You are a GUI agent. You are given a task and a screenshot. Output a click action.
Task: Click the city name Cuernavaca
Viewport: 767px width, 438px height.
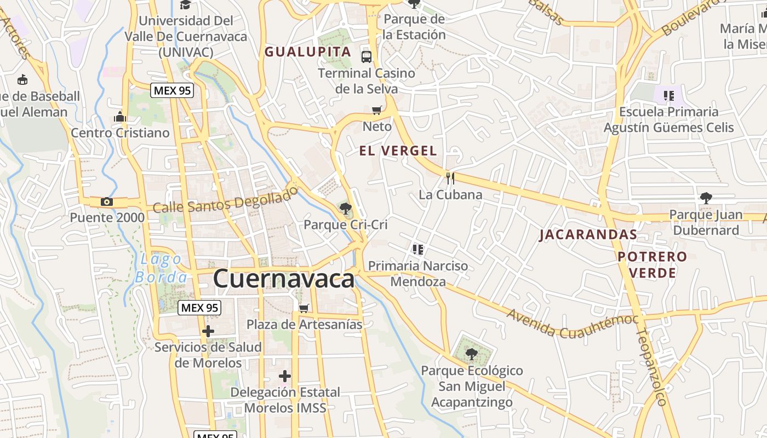click(x=283, y=279)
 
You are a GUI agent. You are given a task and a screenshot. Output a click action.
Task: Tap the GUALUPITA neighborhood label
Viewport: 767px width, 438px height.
click(x=307, y=52)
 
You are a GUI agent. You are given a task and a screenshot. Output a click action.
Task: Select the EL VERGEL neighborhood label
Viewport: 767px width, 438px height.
click(x=398, y=151)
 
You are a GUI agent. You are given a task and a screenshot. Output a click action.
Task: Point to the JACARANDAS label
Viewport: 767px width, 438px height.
click(x=588, y=235)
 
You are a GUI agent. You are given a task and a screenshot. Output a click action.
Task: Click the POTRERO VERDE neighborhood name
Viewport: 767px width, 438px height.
click(x=652, y=264)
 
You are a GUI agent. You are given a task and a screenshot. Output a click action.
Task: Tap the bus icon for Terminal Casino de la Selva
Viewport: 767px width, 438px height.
click(x=367, y=56)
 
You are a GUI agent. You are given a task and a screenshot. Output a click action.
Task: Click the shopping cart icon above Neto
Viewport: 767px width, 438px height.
click(x=376, y=111)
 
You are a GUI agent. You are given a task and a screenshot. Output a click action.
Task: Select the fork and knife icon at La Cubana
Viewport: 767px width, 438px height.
click(x=450, y=178)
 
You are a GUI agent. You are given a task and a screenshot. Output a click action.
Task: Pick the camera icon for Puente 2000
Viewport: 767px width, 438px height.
click(x=107, y=202)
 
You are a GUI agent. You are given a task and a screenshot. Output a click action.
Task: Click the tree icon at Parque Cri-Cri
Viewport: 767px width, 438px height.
click(x=345, y=208)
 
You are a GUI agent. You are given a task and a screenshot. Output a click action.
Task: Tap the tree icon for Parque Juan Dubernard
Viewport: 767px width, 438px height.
click(x=706, y=198)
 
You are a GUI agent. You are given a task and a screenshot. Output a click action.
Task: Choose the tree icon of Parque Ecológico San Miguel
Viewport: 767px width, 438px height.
click(x=471, y=354)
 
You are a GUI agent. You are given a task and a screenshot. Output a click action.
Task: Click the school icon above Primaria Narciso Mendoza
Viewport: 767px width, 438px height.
click(x=418, y=250)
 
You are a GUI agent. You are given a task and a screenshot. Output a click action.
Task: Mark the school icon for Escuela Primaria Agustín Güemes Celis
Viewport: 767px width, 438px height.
click(x=668, y=96)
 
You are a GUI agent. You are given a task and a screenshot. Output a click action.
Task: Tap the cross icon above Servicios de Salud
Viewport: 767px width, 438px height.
click(x=208, y=331)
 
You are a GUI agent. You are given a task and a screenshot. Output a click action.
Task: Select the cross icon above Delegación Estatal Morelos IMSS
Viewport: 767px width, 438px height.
click(x=284, y=376)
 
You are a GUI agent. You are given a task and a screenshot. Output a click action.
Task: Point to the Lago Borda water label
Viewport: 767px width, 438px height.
click(x=161, y=268)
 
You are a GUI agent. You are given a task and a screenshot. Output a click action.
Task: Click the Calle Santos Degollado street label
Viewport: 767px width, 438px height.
click(x=226, y=200)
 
